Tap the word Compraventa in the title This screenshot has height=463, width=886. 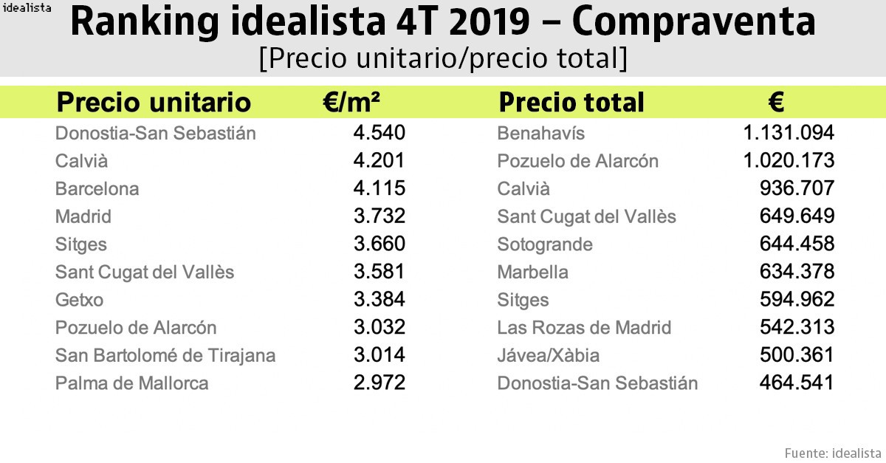click(693, 24)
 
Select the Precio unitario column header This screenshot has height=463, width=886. click(154, 102)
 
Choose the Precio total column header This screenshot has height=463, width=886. click(571, 102)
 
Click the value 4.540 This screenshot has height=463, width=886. click(380, 133)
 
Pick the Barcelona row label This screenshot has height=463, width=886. click(97, 188)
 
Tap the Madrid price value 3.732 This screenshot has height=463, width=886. click(380, 216)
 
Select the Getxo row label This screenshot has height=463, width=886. click(79, 300)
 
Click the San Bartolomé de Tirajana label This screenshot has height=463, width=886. click(165, 355)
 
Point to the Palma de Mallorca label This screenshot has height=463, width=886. click(131, 383)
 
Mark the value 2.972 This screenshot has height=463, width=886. click(380, 383)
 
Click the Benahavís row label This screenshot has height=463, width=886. click(540, 133)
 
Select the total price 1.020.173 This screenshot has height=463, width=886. click(789, 161)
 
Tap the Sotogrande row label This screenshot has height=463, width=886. click(545, 244)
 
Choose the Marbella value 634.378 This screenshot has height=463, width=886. click(797, 272)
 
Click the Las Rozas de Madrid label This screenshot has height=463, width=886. click(584, 327)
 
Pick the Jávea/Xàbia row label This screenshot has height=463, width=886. click(548, 355)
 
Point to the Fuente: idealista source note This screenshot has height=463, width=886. click(832, 452)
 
